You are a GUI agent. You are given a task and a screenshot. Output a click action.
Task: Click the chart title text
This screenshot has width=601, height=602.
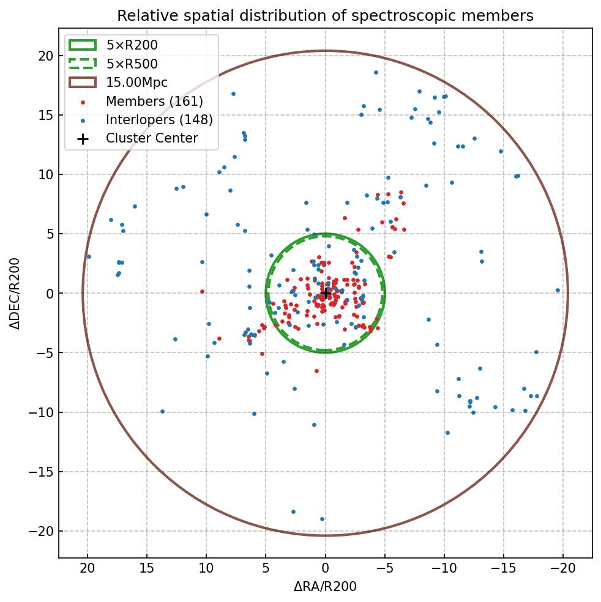coord(325,15)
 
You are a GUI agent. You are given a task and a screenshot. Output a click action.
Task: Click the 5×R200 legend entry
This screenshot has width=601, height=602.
coord(132,45)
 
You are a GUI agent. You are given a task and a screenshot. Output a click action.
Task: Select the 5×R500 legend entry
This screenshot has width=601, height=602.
coord(132,64)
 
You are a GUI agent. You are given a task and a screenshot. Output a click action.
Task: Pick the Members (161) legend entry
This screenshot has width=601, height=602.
coord(154,101)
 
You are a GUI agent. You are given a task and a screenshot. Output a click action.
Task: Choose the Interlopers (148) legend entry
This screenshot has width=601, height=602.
coord(159,120)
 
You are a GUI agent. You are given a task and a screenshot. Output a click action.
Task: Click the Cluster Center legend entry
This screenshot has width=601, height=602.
coord(152,138)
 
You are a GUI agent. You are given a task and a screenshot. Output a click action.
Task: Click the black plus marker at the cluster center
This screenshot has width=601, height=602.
coord(325,293)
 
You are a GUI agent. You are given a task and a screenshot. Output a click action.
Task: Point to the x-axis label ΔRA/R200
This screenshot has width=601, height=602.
coord(325,587)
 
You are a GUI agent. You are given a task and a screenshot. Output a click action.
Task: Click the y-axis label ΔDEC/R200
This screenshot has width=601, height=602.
coord(15,293)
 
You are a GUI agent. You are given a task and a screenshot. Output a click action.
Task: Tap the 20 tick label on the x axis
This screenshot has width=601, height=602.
coord(88,568)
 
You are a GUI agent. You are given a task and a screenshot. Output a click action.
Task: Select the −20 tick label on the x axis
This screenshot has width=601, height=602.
coord(563,568)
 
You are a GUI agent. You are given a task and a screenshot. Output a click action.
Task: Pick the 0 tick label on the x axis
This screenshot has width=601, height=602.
coord(325,568)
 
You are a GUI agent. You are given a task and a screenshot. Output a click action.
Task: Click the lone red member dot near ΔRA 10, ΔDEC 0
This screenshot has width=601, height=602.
coord(202,291)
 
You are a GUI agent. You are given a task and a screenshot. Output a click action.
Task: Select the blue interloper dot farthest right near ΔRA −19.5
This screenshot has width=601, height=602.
coord(558,290)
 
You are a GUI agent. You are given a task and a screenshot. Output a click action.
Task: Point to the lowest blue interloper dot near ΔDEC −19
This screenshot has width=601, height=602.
coord(322,519)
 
